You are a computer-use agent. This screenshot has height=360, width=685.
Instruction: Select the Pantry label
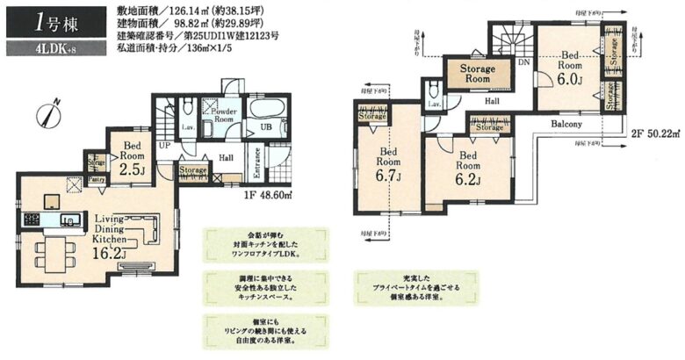tap(96, 180)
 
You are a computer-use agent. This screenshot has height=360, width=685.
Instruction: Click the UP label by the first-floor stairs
tap(163, 146)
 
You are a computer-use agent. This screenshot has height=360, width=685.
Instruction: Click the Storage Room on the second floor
tap(477, 74)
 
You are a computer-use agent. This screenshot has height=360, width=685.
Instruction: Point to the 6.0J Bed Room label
tap(571, 67)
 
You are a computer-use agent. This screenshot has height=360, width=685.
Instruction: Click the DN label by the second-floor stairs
tap(523, 62)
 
